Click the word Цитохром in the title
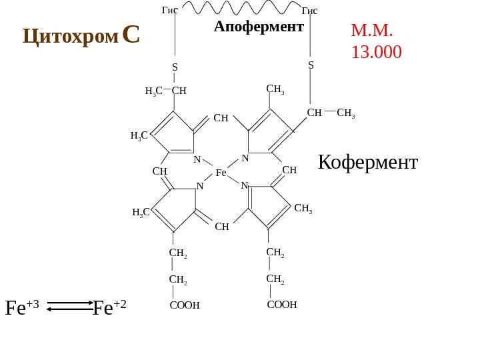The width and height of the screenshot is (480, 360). click(71, 36)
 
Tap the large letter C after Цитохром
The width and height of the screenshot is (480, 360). click(131, 35)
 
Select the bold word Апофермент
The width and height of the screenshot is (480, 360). click(259, 27)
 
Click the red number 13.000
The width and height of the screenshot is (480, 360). click(376, 52)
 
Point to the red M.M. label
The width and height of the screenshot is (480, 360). click(372, 31)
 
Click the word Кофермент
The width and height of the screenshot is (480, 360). click(367, 162)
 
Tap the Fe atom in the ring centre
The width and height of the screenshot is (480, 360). click(221, 173)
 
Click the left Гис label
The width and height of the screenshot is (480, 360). click(170, 10)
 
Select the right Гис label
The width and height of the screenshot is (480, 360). click(309, 10)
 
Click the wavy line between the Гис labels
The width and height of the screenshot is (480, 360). click(240, 8)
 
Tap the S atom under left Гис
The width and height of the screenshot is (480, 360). click(175, 67)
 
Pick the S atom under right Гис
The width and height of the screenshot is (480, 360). click(311, 65)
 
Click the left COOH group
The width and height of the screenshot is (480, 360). click(185, 306)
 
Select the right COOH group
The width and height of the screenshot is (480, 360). click(281, 305)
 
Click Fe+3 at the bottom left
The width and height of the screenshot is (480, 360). click(22, 307)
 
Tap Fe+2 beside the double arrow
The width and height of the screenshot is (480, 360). click(109, 307)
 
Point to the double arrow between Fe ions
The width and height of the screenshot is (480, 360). click(71, 306)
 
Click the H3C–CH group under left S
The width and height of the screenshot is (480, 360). click(166, 91)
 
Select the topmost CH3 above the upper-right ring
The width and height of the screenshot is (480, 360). click(275, 89)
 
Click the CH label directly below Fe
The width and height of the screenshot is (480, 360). click(222, 227)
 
